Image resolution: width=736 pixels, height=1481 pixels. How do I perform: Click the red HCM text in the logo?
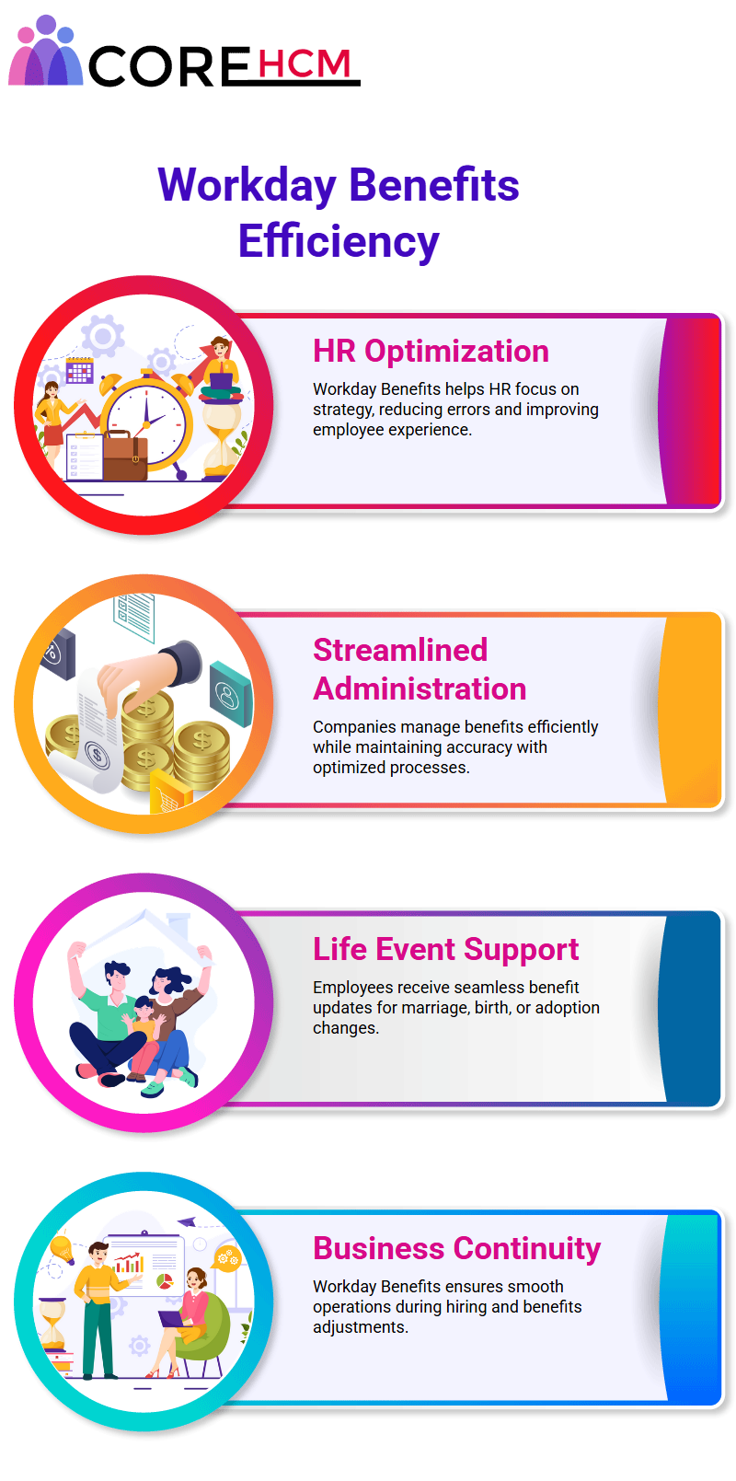pyautogui.click(x=305, y=64)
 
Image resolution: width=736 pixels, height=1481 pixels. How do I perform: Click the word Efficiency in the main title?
pyautogui.click(x=339, y=240)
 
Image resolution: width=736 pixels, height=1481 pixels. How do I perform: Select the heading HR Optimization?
pyautogui.click(x=431, y=351)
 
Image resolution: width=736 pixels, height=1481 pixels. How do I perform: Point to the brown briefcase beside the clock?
pyautogui.click(x=124, y=456)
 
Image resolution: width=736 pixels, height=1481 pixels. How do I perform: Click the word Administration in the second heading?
pyautogui.click(x=420, y=688)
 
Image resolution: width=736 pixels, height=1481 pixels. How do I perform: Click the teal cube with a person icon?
pyautogui.click(x=231, y=694)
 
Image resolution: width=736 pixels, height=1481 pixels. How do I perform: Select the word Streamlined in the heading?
pyautogui.click(x=400, y=650)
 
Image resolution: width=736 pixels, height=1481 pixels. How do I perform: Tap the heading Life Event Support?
pyautogui.click(x=446, y=949)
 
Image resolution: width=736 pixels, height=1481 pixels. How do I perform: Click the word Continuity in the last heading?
pyautogui.click(x=527, y=1248)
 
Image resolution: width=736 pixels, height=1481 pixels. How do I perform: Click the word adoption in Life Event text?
pyautogui.click(x=568, y=1008)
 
